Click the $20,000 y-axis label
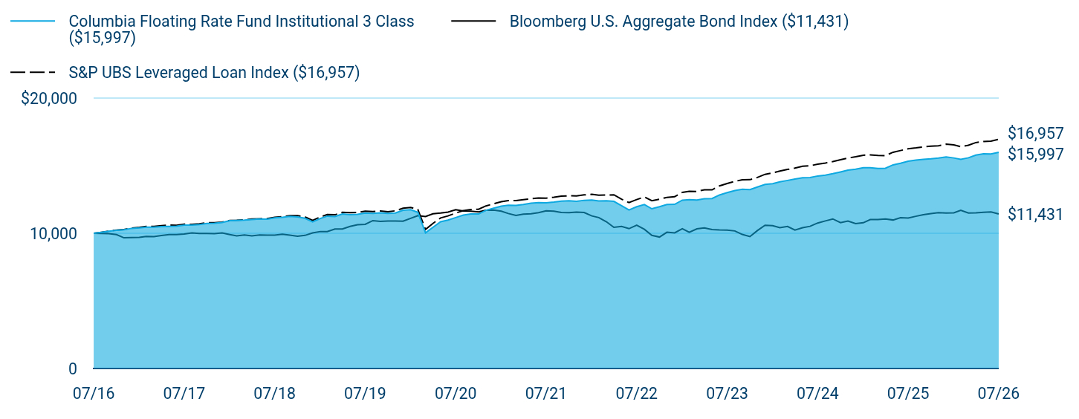click(49, 98)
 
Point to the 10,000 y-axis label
click(54, 233)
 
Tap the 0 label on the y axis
click(73, 369)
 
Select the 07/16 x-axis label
click(94, 394)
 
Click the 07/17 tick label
click(184, 394)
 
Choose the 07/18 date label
click(274, 394)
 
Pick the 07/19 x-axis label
click(365, 394)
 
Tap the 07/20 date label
click(456, 394)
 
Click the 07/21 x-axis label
click(545, 394)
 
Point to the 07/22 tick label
click(636, 394)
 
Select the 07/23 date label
click(727, 394)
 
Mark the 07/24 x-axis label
click(817, 394)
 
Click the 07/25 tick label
click(908, 394)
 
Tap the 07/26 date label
click(999, 394)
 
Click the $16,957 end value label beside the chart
click(1036, 133)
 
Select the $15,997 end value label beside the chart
click(1036, 154)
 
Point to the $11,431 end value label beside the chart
click(1036, 214)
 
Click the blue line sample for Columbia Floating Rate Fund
click(33, 22)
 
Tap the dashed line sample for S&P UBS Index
click(33, 72)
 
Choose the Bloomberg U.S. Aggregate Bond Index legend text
click(679, 22)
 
